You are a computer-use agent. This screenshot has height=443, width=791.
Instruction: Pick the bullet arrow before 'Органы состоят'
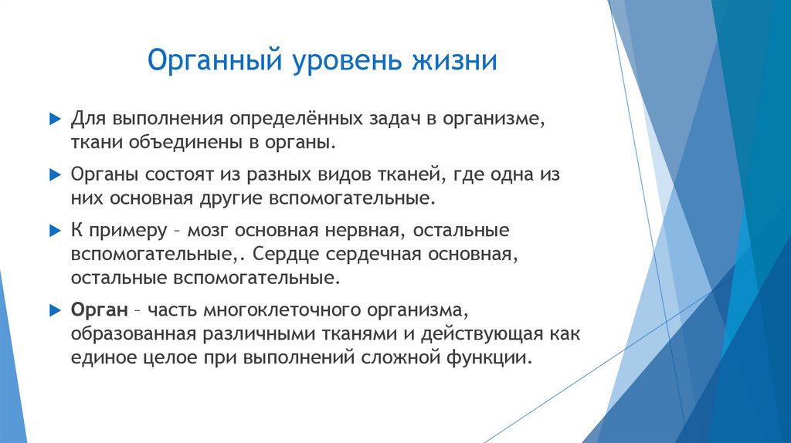pos(54,175)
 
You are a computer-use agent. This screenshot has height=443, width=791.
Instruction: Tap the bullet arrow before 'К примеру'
pos(54,231)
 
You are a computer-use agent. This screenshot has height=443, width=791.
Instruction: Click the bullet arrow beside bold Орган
pos(54,310)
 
